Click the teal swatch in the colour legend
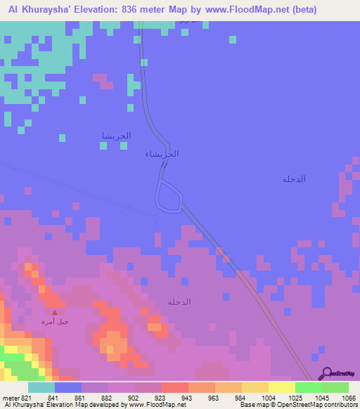pyautogui.click(x=41, y=387)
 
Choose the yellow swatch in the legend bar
pyautogui.click(x=281, y=387)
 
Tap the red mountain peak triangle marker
pyautogui.click(x=55, y=312)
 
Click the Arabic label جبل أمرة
pyautogui.click(x=55, y=322)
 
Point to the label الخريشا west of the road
pyautogui.click(x=116, y=136)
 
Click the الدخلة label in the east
pyautogui.click(x=293, y=179)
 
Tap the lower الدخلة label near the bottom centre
pyautogui.click(x=179, y=301)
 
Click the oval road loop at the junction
pyautogui.click(x=169, y=196)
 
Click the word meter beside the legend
pyautogui.click(x=11, y=398)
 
